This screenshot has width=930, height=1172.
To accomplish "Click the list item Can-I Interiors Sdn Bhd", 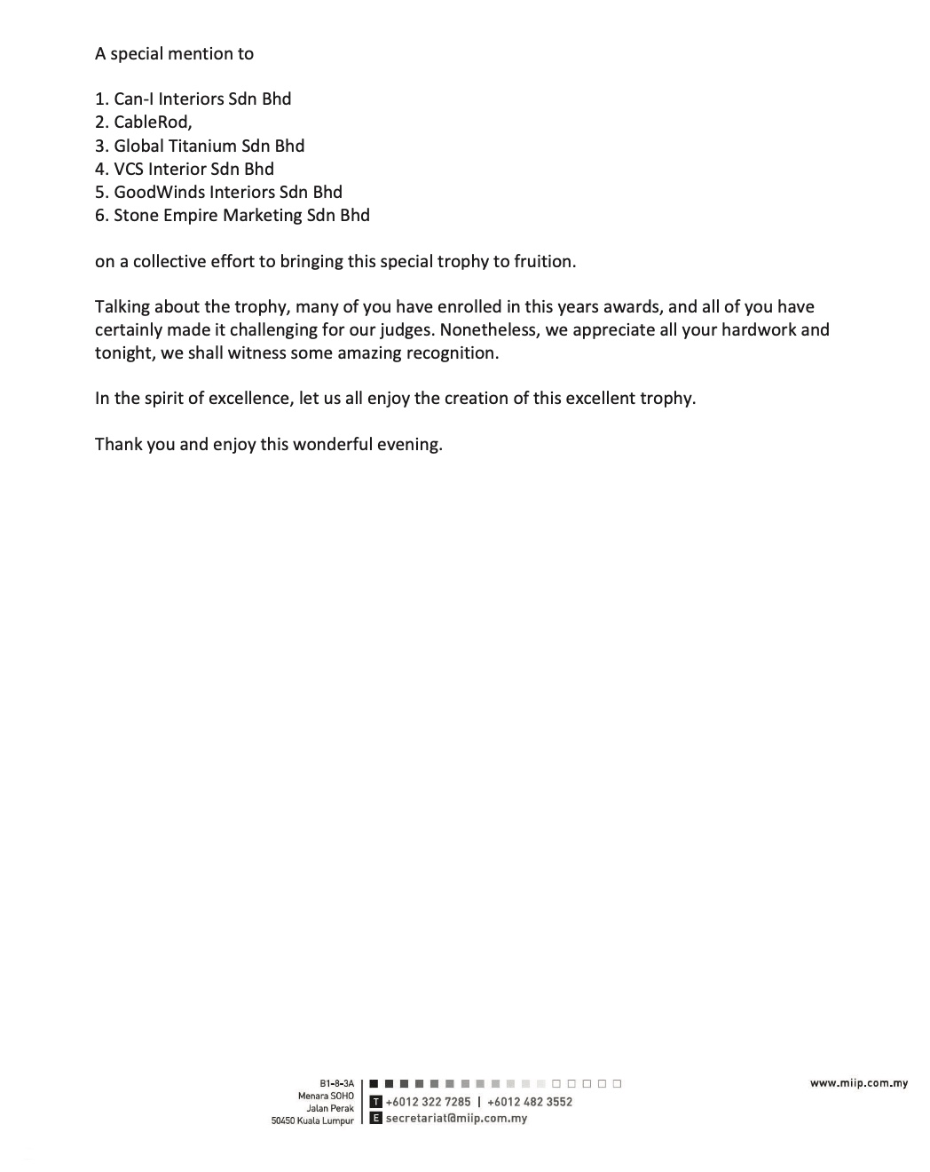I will [x=201, y=99].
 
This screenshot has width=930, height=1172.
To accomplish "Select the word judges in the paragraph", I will [x=405, y=330].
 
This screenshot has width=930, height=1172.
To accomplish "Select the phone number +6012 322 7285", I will [x=428, y=1102].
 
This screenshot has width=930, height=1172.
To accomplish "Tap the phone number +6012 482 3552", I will [x=530, y=1102].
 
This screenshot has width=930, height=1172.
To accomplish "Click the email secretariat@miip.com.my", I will [x=456, y=1119].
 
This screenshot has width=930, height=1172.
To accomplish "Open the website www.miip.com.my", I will [x=858, y=1083].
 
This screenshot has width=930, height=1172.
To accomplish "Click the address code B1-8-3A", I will [x=336, y=1083].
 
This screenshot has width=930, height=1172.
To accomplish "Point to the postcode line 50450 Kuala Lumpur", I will [x=312, y=1121].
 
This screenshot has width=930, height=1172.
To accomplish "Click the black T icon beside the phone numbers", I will [x=375, y=1102].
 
